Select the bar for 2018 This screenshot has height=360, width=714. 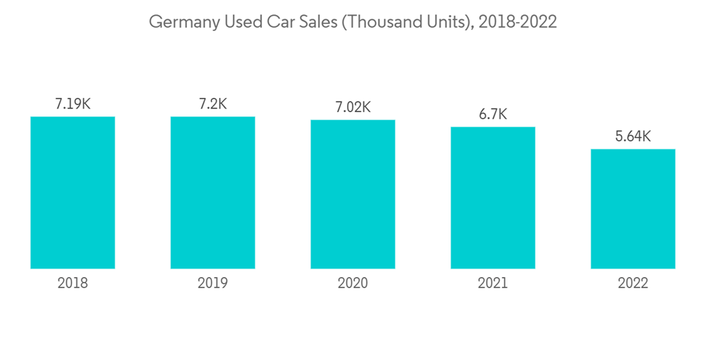click(x=73, y=192)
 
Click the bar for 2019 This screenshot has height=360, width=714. click(x=213, y=192)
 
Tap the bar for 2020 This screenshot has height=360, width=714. click(x=353, y=194)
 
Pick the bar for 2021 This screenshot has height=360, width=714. click(x=493, y=198)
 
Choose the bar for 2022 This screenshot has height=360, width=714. click(x=633, y=209)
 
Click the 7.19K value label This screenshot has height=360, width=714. click(x=73, y=104)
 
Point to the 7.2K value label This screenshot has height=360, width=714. click(x=213, y=104)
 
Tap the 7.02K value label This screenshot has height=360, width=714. click(x=353, y=108)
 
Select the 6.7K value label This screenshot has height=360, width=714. click(x=493, y=115)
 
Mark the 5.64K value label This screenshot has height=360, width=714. click(x=633, y=136)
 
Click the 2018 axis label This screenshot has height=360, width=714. click(x=73, y=284)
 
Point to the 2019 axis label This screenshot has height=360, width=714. click(x=213, y=284)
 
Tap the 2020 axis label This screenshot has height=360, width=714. click(x=353, y=284)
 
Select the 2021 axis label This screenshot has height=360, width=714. click(x=493, y=284)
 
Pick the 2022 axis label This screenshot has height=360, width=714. click(x=633, y=284)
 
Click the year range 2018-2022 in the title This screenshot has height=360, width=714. click(x=518, y=22)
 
